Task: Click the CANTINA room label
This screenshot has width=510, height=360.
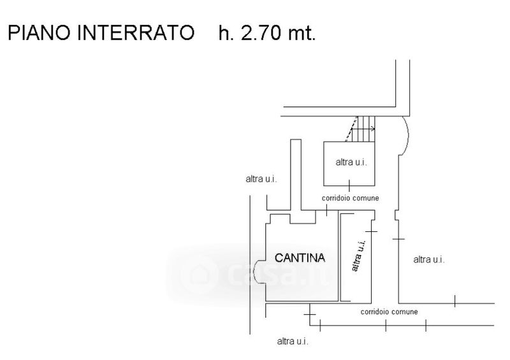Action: (x=300, y=258)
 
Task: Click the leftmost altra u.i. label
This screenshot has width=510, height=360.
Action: (x=261, y=179)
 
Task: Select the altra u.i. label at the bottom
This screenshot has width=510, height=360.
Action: (x=293, y=342)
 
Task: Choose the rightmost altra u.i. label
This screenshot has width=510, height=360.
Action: (x=429, y=259)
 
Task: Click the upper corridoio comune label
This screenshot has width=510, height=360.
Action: (x=350, y=198)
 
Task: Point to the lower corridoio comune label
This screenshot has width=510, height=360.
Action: (x=389, y=312)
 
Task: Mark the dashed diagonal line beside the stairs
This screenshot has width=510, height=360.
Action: (x=350, y=132)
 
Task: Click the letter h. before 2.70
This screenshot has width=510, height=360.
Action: (x=225, y=33)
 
